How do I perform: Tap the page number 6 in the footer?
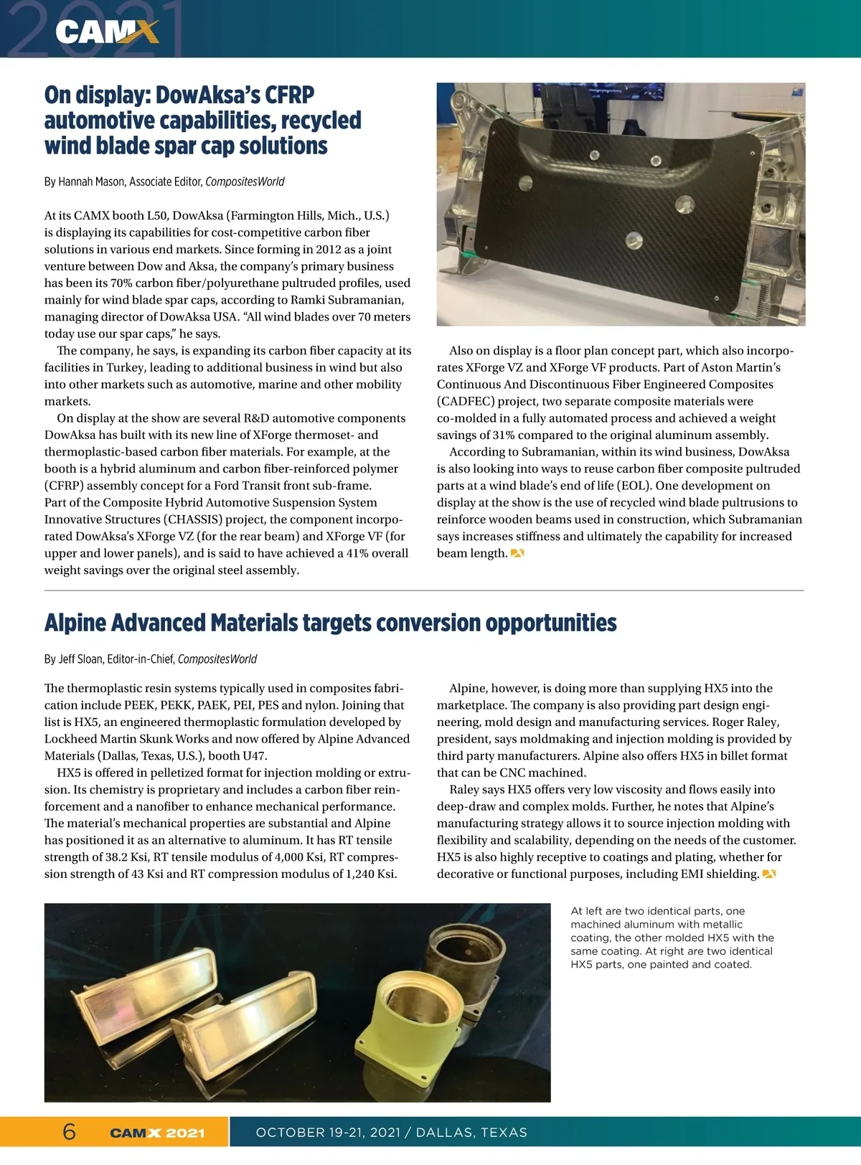click(70, 1131)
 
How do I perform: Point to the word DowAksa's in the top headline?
click(212, 95)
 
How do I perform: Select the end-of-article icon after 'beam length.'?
click(517, 553)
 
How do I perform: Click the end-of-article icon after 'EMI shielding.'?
click(768, 874)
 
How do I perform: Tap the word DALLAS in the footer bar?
click(444, 1133)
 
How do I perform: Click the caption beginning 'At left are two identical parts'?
click(672, 938)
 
